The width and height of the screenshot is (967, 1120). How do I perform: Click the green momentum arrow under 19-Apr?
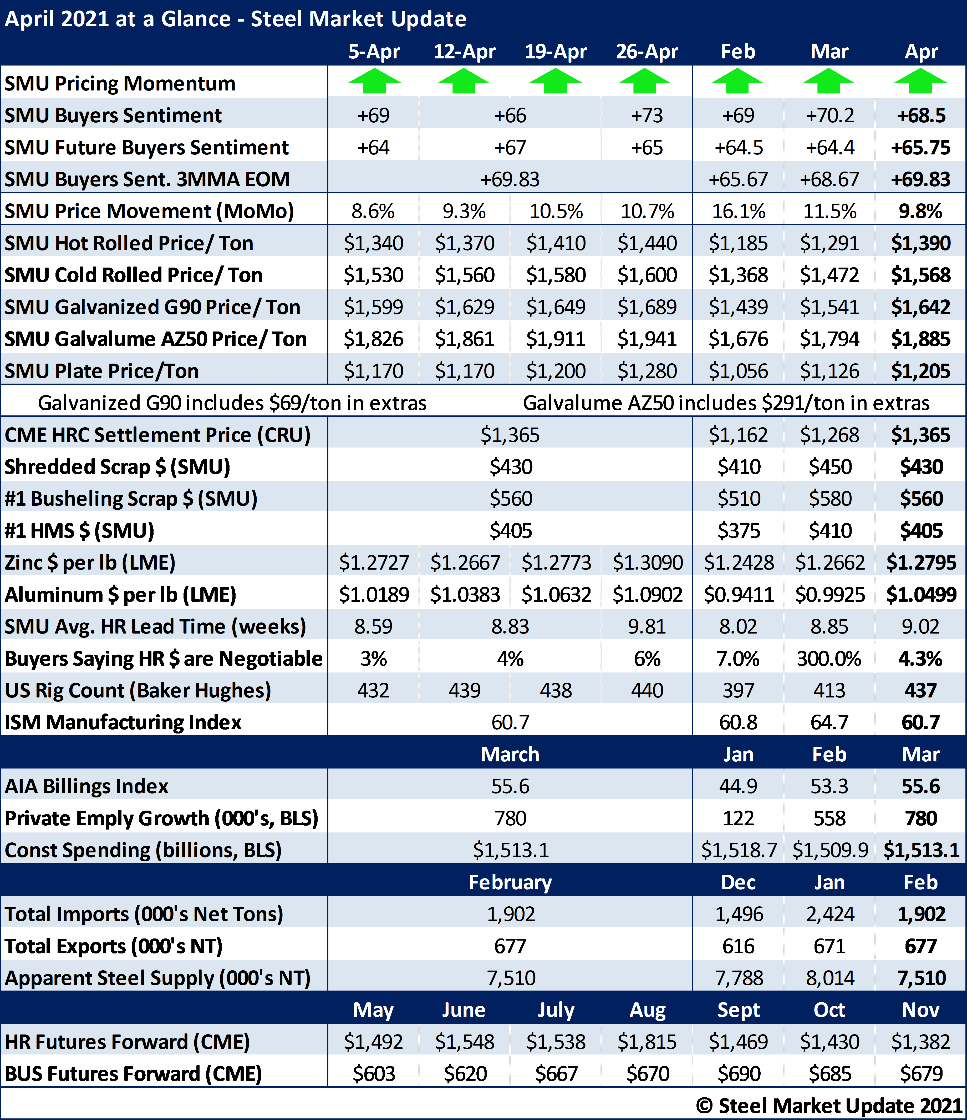(555, 81)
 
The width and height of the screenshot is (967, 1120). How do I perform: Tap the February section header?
(510, 882)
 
